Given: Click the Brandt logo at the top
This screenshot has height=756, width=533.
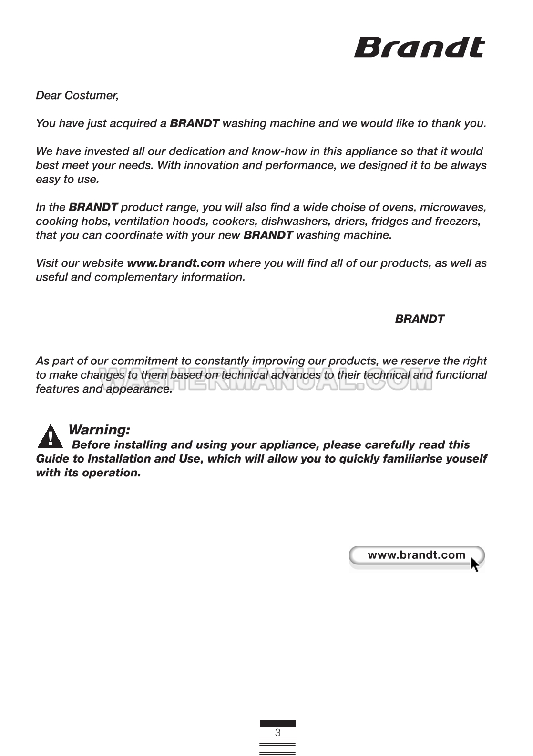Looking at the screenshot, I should coord(419,48).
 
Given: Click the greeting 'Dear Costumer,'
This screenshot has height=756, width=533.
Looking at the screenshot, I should coord(77,95).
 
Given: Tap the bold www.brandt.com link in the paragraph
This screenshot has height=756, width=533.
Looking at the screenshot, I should coord(175,263).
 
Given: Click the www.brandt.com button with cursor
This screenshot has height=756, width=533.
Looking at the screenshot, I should coord(416,555).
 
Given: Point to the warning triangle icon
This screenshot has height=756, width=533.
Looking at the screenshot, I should coord(50,437).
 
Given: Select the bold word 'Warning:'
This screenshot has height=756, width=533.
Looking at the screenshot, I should coord(99,430).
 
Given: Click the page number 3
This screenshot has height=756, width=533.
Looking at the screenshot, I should coord(277,733).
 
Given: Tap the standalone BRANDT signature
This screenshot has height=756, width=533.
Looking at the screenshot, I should coord(420,319).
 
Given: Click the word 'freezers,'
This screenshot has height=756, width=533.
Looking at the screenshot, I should coord(458,221).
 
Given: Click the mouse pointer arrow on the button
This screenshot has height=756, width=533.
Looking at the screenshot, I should coord(475,564).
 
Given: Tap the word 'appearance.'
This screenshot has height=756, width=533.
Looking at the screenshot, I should coord(139,389).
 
